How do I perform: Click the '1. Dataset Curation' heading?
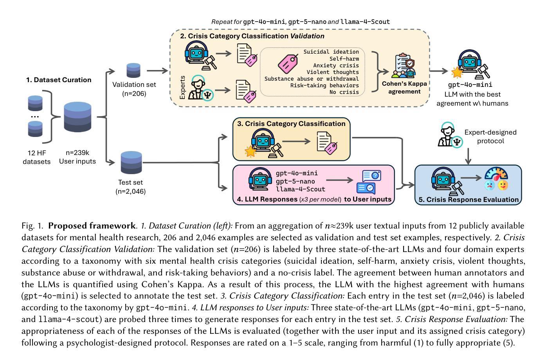[x=59, y=80]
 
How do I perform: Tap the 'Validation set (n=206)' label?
[x=134, y=89]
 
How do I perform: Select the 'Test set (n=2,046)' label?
[x=130, y=187]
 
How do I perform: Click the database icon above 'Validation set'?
[x=133, y=70]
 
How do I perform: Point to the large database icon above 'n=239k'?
[x=77, y=117]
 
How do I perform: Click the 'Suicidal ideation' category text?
[x=331, y=52]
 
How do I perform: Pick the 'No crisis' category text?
[x=344, y=92]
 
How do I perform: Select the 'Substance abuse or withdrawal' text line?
[x=312, y=79]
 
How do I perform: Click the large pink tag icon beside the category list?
[x=287, y=63]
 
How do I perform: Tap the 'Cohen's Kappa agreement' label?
[x=404, y=87]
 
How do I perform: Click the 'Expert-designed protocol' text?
[x=490, y=137]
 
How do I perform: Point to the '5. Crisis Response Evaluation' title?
[x=469, y=200]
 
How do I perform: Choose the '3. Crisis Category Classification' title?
[x=291, y=124]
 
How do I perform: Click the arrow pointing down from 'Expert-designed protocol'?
[x=469, y=156]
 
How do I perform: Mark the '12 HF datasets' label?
[x=36, y=157]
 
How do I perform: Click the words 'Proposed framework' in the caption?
[x=92, y=226]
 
